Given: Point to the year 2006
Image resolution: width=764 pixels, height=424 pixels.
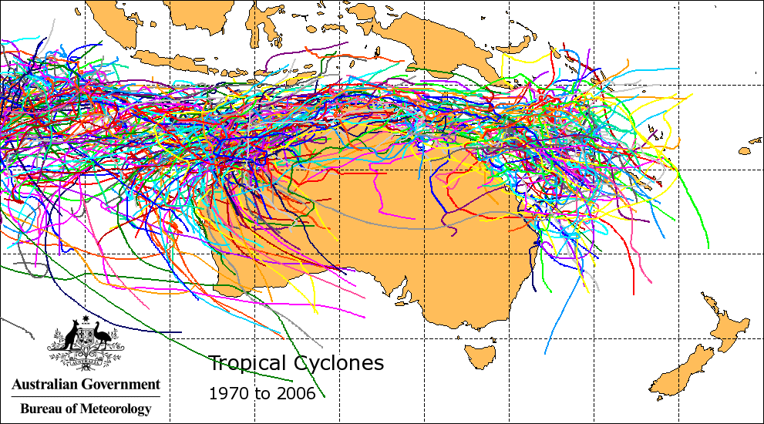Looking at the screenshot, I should [x=296, y=393].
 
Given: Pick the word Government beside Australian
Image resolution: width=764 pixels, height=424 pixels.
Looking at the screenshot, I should [x=123, y=384].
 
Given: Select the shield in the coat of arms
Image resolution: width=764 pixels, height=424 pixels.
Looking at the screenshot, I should [x=86, y=338].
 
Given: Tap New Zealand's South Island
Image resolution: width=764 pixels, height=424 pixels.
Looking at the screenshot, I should [x=682, y=370].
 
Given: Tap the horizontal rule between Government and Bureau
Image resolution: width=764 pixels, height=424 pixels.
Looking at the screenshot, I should [x=86, y=396].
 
